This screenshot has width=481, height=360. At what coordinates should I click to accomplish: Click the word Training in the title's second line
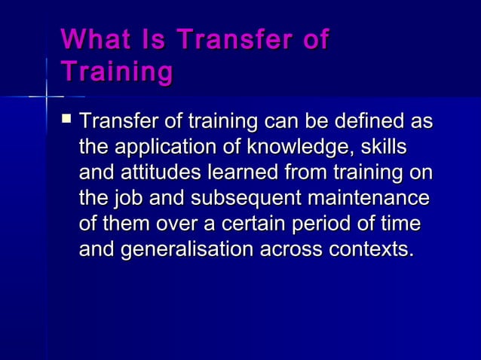pos(116,72)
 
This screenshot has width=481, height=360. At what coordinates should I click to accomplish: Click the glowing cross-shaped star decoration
pos(46,96)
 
